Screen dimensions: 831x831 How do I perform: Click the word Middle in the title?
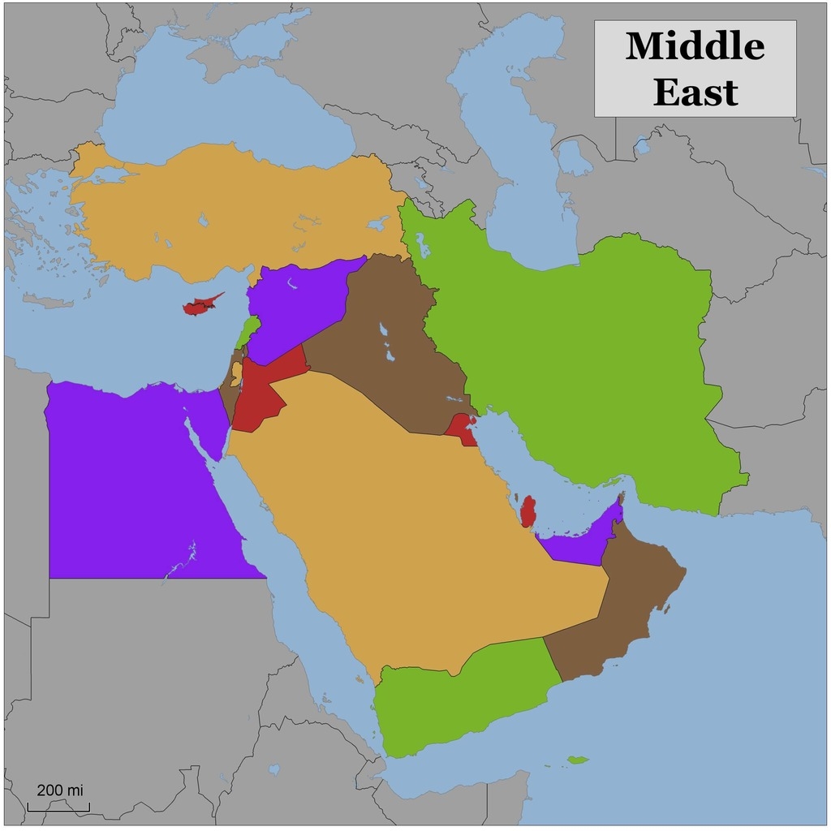695,46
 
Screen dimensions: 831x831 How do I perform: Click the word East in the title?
695,92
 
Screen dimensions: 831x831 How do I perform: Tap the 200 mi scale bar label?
59,790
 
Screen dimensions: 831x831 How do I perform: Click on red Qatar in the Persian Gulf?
528,512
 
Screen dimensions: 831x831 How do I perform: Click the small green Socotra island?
578,760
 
